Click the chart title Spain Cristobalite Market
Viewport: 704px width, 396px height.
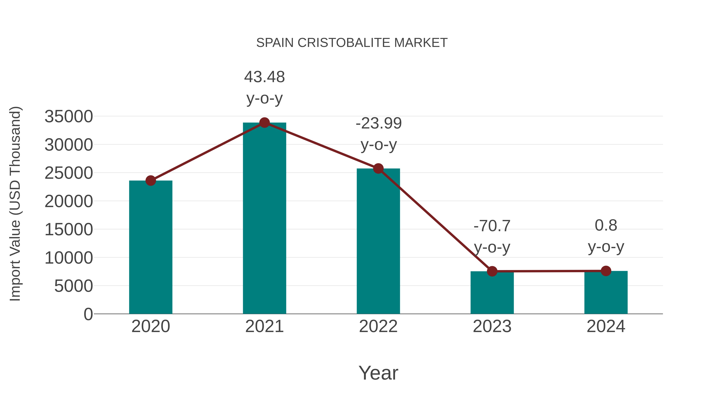(x=352, y=43)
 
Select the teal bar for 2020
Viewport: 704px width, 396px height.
(x=151, y=247)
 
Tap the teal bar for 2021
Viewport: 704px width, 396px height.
(x=264, y=219)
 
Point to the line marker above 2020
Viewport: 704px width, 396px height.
(x=151, y=181)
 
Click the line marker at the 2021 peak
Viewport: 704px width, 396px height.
(x=264, y=123)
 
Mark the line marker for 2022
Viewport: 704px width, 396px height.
(x=378, y=169)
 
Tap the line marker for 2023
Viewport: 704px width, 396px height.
(x=492, y=271)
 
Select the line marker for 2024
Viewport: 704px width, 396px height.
(x=606, y=271)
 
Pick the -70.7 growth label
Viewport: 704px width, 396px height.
(x=492, y=236)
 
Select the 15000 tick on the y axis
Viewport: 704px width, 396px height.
(x=69, y=229)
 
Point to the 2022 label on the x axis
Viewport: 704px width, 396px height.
(x=378, y=326)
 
